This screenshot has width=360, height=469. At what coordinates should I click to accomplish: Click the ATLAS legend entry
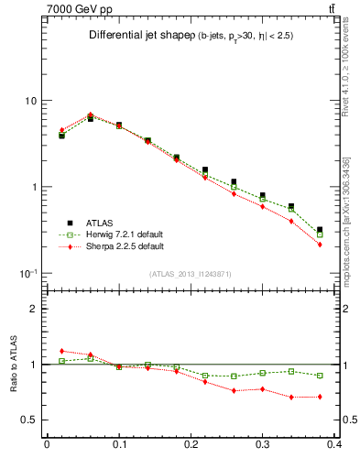[x=101, y=223]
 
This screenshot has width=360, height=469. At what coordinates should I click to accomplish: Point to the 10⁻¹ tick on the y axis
[x=28, y=274]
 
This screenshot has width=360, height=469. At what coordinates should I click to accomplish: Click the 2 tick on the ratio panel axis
[x=35, y=310]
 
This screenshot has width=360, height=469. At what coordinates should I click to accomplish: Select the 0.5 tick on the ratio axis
[x=31, y=420]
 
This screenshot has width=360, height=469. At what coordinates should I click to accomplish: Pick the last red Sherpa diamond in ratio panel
[x=320, y=397]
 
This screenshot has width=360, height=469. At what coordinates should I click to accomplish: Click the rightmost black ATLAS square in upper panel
[x=320, y=230]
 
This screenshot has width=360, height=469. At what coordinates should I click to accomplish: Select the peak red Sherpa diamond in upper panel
[x=90, y=115]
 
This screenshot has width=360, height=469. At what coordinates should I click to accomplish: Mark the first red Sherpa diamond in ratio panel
[x=61, y=351]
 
